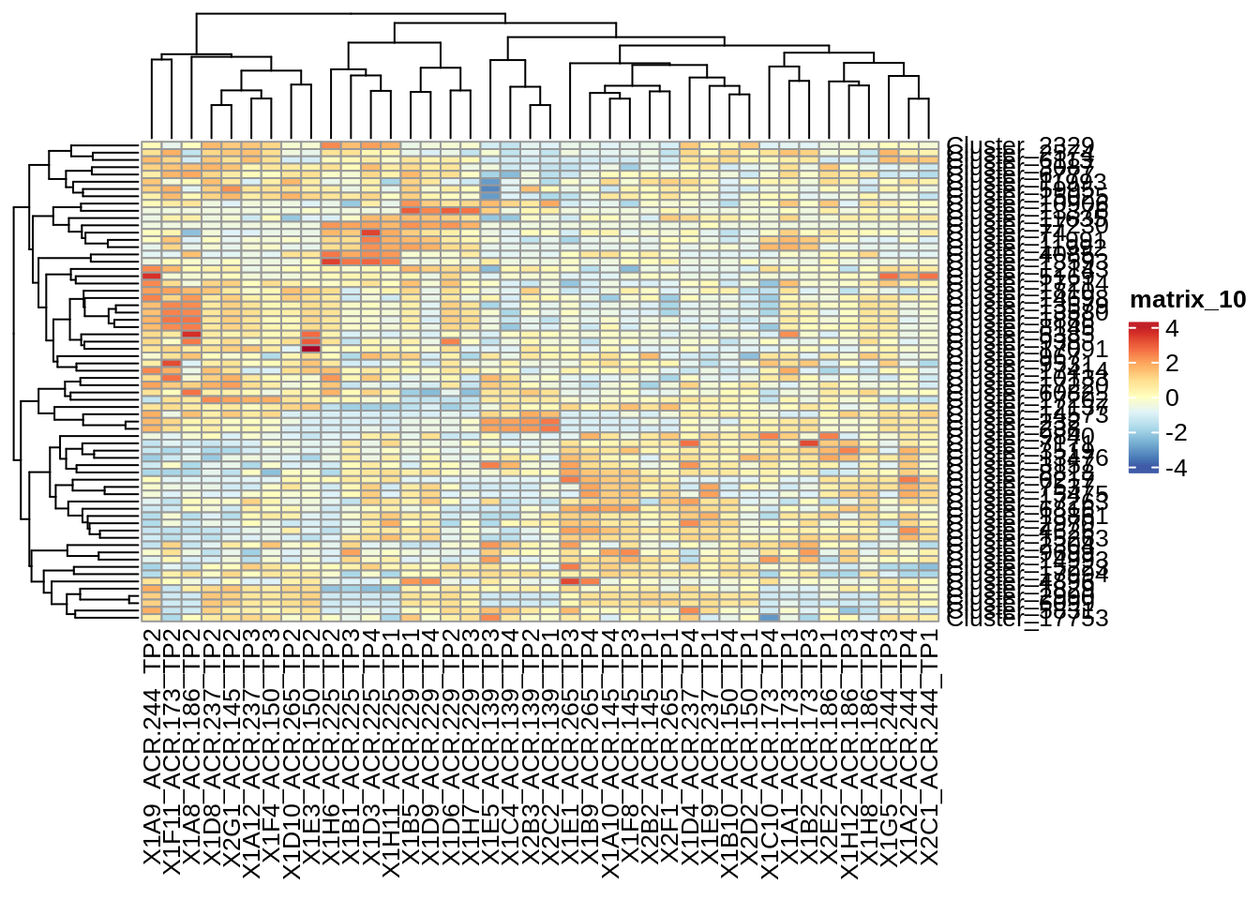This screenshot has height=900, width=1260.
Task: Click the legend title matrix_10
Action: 1188,300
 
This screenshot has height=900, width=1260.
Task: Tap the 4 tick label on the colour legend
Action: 1172,329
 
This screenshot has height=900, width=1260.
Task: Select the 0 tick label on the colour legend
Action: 1172,398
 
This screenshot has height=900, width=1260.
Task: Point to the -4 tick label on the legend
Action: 1176,468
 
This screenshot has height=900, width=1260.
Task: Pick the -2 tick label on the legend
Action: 1176,433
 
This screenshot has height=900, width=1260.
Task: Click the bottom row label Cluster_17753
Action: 1027,617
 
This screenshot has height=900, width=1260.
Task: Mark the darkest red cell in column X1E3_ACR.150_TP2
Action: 310,349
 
